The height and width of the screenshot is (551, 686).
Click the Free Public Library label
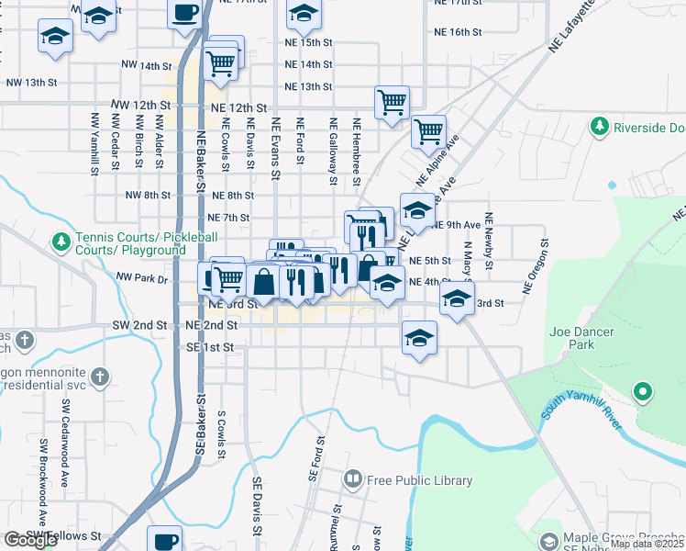point(419,480)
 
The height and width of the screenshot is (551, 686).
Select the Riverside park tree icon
point(600,125)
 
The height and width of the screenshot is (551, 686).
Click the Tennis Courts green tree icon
point(61,242)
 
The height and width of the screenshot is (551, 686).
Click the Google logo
point(30,540)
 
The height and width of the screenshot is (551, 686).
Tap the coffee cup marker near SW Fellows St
point(166,539)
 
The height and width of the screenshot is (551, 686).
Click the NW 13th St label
point(31,83)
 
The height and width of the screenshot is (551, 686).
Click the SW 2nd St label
point(139,325)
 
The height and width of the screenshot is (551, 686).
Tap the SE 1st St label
point(211,348)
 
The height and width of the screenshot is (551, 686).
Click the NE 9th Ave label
point(457,225)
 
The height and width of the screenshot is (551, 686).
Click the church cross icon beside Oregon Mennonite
point(100,376)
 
